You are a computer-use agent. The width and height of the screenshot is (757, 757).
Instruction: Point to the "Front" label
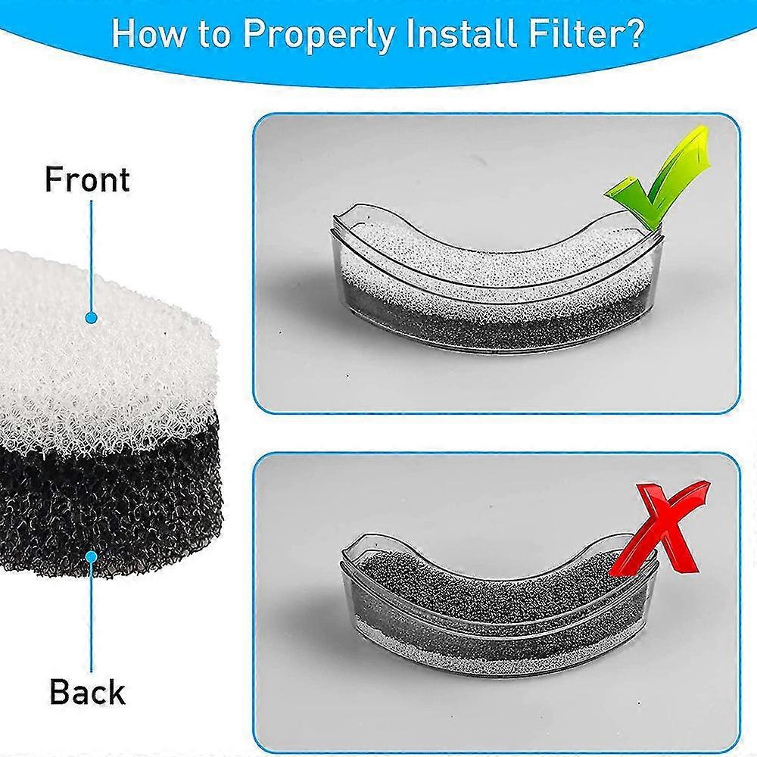pyautogui.click(x=87, y=179)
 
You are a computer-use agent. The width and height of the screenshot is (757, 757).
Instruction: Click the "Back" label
pyautogui.click(x=87, y=692)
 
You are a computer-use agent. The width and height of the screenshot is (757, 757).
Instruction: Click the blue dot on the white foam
pyautogui.click(x=92, y=318)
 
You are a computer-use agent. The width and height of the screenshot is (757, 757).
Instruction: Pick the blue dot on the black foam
pyautogui.click(x=92, y=556)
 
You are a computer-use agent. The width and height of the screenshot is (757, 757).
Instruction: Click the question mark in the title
pyautogui.click(x=634, y=32)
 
